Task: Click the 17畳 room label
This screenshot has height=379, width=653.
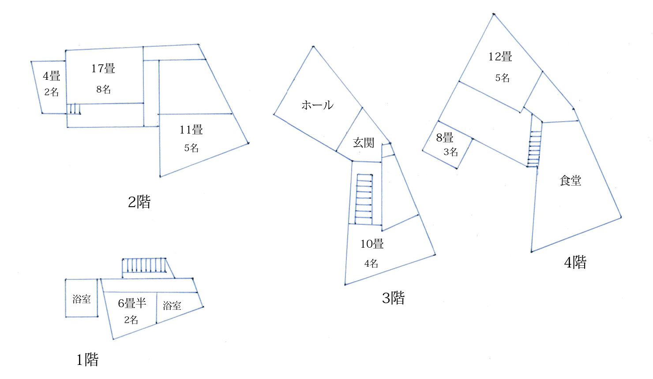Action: coord(103,69)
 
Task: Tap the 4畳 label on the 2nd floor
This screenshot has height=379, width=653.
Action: coord(52,76)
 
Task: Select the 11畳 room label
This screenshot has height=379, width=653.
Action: coord(191,130)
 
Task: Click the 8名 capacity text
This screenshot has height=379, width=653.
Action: coord(104,89)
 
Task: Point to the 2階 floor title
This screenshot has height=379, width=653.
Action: coord(139,202)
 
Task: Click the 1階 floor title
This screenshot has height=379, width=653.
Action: coord(87,360)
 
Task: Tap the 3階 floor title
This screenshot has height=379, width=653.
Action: coord(393,298)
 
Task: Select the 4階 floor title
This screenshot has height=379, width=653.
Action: coord(575,263)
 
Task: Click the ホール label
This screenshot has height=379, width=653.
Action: coord(318,105)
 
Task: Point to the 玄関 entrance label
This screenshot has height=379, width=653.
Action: coord(364,143)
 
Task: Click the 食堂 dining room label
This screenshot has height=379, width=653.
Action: coord(570,181)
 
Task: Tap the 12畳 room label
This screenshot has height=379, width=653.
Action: coord(500,56)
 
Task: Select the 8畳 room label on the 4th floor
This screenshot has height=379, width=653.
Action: coord(445,137)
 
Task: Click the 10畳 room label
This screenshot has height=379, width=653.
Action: coord(372,244)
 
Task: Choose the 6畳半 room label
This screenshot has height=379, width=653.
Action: coord(132,303)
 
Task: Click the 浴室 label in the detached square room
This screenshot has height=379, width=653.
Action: coord(82,299)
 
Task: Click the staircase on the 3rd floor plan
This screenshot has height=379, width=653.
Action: coord(364,199)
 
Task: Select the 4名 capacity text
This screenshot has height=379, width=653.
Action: coord(372,264)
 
